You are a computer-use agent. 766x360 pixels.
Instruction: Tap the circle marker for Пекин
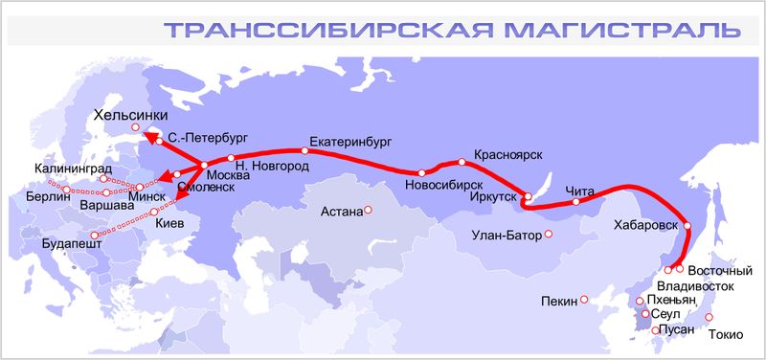tap(585, 300)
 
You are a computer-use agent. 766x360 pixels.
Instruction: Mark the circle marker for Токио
tap(710, 317)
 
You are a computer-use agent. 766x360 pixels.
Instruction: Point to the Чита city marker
tap(575, 202)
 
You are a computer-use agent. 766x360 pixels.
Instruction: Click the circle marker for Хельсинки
tap(136, 127)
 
